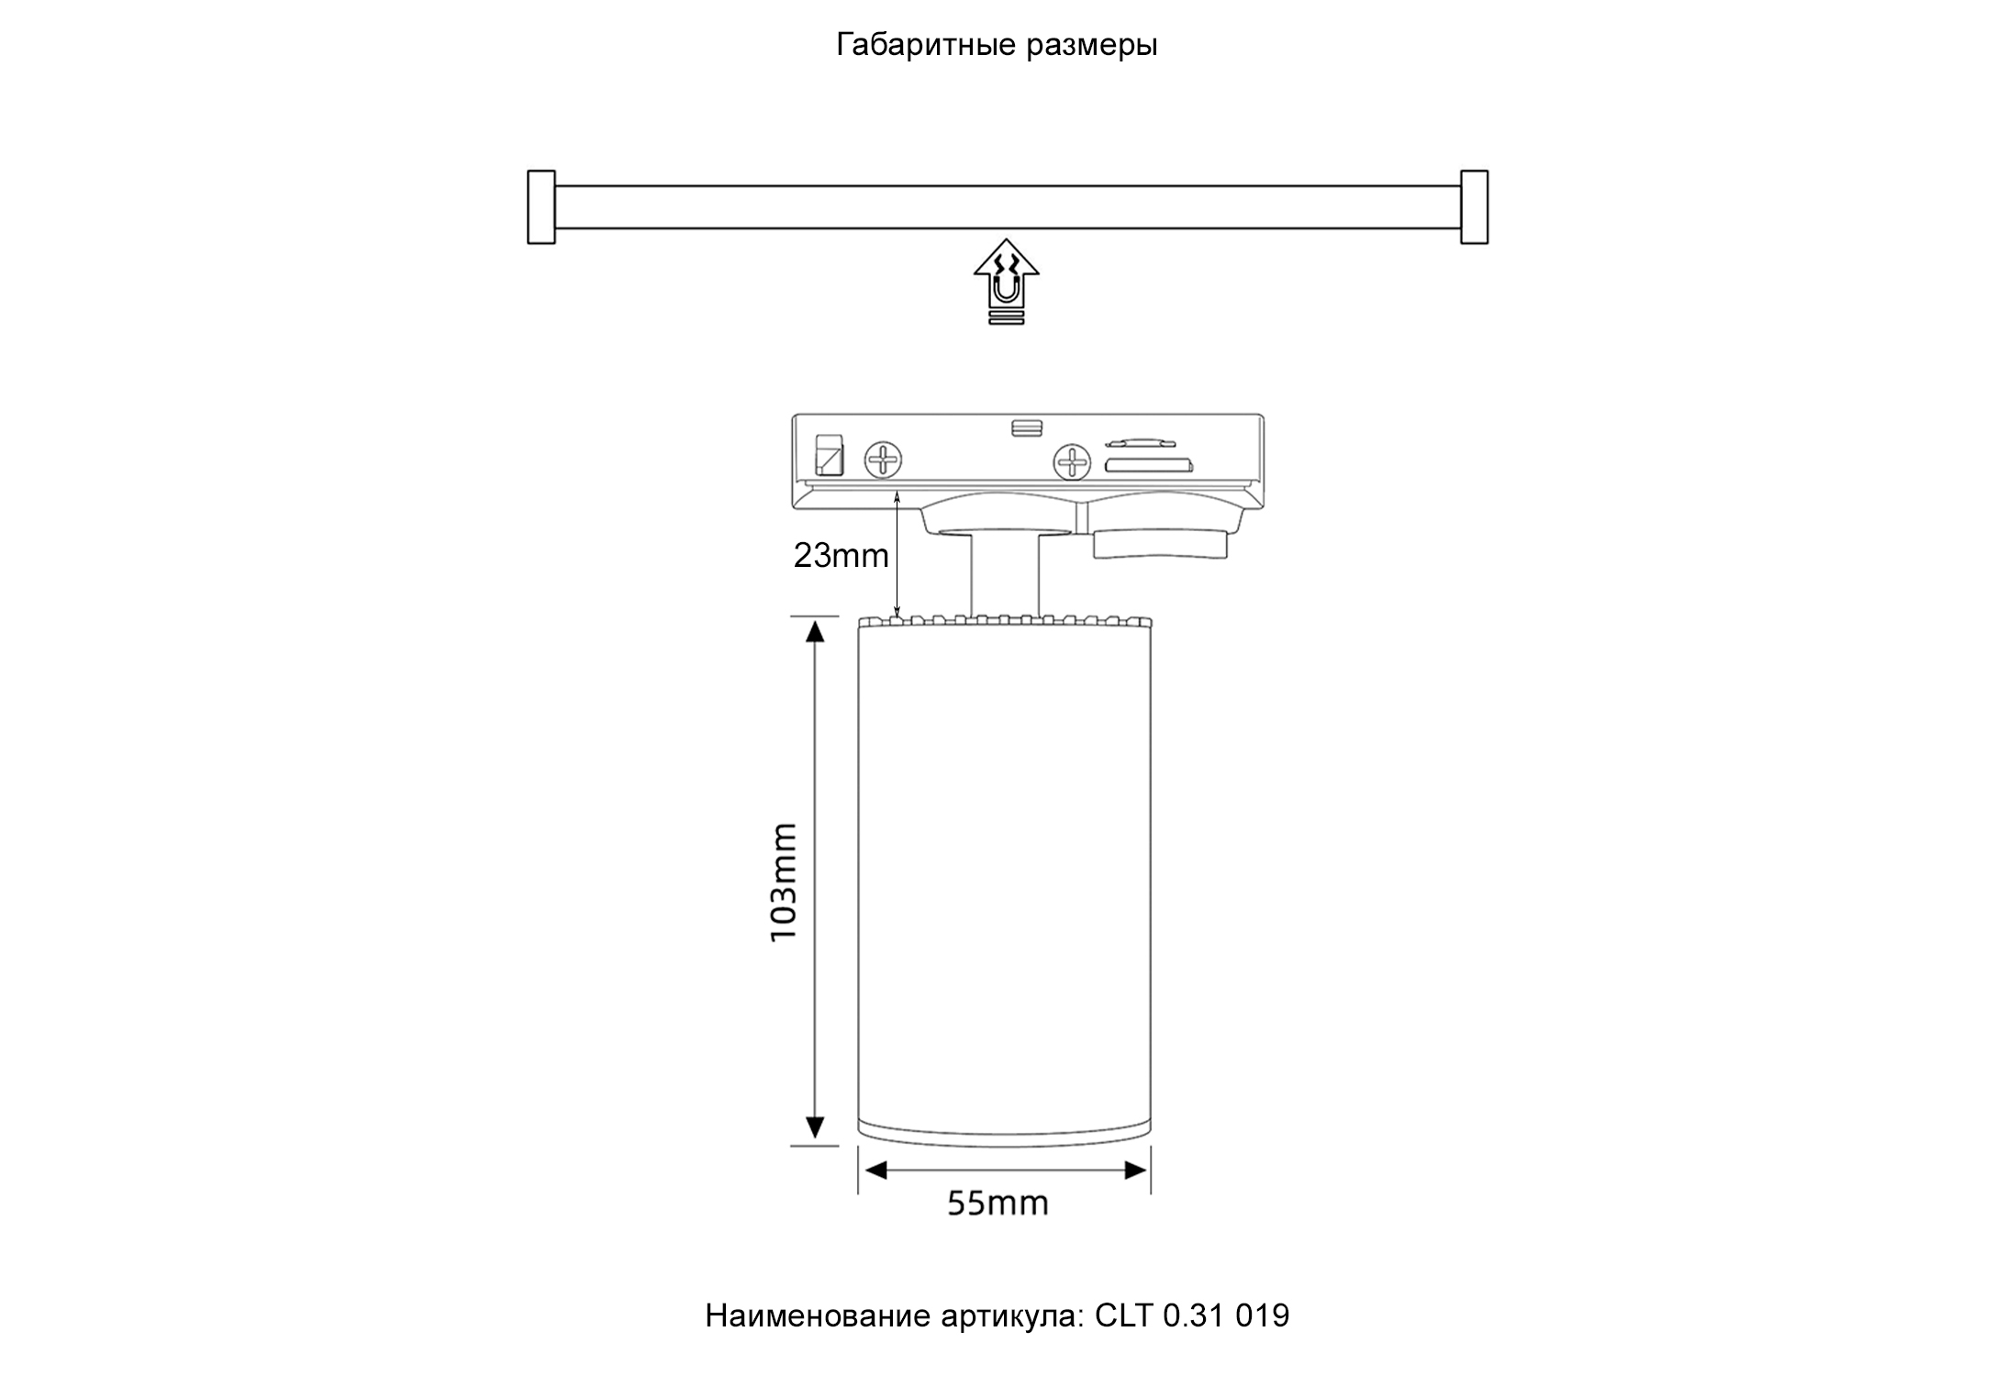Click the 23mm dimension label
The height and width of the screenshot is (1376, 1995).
click(x=841, y=555)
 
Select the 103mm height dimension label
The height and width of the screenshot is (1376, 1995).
click(x=783, y=882)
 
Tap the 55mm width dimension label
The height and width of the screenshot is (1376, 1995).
click(x=997, y=1203)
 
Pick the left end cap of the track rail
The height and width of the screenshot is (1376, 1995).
click(x=541, y=207)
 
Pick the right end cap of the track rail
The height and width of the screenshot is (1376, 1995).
click(x=1474, y=207)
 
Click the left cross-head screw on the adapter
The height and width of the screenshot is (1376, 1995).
click(x=884, y=459)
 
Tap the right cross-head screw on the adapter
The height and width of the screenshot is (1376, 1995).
click(x=1071, y=461)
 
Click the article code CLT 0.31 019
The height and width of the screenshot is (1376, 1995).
click(x=1192, y=1315)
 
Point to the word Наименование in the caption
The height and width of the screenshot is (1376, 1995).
click(x=818, y=1315)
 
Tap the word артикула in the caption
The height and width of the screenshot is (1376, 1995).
click(x=1012, y=1315)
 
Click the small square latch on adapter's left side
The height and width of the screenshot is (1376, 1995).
click(x=830, y=454)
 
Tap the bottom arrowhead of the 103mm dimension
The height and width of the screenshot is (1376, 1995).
click(x=815, y=1127)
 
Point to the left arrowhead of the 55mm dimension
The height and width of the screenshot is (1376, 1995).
click(x=875, y=1171)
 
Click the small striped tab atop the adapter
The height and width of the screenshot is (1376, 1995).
click(x=1027, y=427)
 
